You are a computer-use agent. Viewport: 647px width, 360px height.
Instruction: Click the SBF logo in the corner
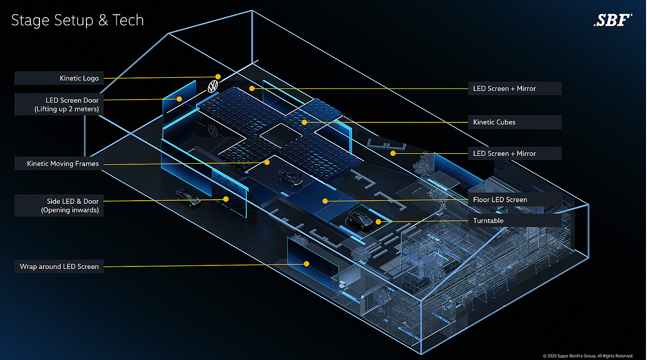[613, 20]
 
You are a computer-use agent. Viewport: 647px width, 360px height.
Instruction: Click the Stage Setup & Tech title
[77, 20]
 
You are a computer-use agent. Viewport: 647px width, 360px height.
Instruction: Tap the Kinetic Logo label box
[59, 78]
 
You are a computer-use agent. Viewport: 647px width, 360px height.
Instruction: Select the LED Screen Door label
[59, 104]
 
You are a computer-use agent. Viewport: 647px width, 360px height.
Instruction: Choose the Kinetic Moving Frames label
[59, 163]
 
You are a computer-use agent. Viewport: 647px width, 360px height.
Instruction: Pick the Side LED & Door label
[59, 205]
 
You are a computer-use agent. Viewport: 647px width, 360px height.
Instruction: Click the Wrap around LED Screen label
[59, 266]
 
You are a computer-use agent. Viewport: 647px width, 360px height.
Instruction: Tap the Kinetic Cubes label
[515, 122]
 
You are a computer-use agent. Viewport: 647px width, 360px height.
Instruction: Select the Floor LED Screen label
[515, 199]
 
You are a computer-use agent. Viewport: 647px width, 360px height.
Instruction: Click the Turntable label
[515, 220]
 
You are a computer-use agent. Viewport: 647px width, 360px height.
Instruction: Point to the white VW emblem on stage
[213, 86]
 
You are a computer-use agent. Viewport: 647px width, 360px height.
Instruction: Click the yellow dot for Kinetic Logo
[218, 76]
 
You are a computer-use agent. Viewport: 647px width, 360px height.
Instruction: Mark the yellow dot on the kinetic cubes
[304, 122]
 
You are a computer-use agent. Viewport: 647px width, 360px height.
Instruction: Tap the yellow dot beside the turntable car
[378, 222]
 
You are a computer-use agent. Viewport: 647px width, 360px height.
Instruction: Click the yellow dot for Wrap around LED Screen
[306, 264]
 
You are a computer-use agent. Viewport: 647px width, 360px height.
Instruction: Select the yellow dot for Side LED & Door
[226, 199]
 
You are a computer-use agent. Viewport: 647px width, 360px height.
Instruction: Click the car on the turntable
[360, 219]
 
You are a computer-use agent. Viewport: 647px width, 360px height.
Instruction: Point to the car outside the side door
[188, 198]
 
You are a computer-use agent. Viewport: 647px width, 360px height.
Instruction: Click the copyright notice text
[588, 356]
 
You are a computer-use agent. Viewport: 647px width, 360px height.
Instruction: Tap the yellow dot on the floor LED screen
[325, 201]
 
